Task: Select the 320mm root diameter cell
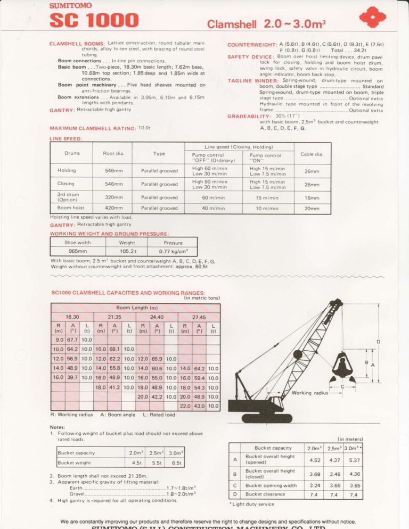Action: tap(113, 197)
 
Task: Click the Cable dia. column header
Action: tap(312, 154)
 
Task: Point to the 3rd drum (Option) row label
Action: tap(69, 197)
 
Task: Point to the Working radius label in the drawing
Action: tap(309, 393)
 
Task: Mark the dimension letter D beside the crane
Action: tap(378, 341)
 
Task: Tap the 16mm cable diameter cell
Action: tap(312, 197)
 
